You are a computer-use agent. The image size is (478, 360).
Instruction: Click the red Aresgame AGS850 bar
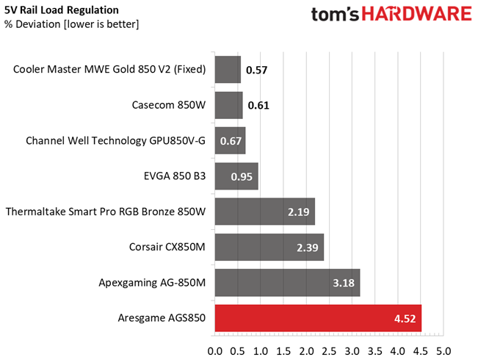(317, 318)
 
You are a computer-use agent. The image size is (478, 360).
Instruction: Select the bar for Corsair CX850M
(269, 248)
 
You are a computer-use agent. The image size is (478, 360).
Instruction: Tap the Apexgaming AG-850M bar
(287, 283)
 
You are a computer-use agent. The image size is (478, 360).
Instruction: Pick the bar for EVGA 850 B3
(236, 176)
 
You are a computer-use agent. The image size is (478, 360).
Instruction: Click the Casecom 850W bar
(228, 105)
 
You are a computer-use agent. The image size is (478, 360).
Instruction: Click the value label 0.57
(257, 71)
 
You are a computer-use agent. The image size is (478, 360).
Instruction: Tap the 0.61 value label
(258, 106)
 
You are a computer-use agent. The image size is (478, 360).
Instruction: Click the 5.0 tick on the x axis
(443, 350)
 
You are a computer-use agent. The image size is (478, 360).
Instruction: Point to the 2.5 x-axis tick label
(329, 350)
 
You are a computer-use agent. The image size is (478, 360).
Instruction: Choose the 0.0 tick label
(215, 350)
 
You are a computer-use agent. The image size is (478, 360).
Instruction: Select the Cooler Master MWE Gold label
(109, 70)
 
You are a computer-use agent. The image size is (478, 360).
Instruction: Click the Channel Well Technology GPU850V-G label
(115, 140)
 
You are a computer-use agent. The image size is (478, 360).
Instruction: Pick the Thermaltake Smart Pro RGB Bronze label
(106, 212)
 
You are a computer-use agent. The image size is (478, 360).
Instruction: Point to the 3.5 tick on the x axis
(374, 350)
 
